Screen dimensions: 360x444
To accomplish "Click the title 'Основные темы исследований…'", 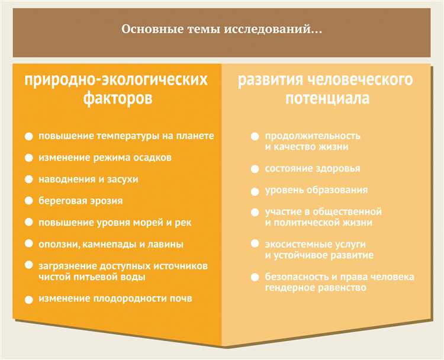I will pos(222,29).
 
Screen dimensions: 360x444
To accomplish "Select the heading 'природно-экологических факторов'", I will pos(116,89).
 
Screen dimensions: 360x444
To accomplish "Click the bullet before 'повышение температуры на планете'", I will pos(29,137).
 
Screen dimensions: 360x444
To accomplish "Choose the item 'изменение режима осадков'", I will pos(105,158).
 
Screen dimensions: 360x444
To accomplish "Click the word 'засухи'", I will pos(121,179).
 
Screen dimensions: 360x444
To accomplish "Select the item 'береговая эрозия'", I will pos(81,201).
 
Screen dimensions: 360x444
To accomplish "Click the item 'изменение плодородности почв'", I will pos(115,298).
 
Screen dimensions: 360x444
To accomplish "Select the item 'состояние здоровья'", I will pos(312,169).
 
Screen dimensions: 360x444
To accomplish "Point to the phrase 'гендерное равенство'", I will pos(316,288).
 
